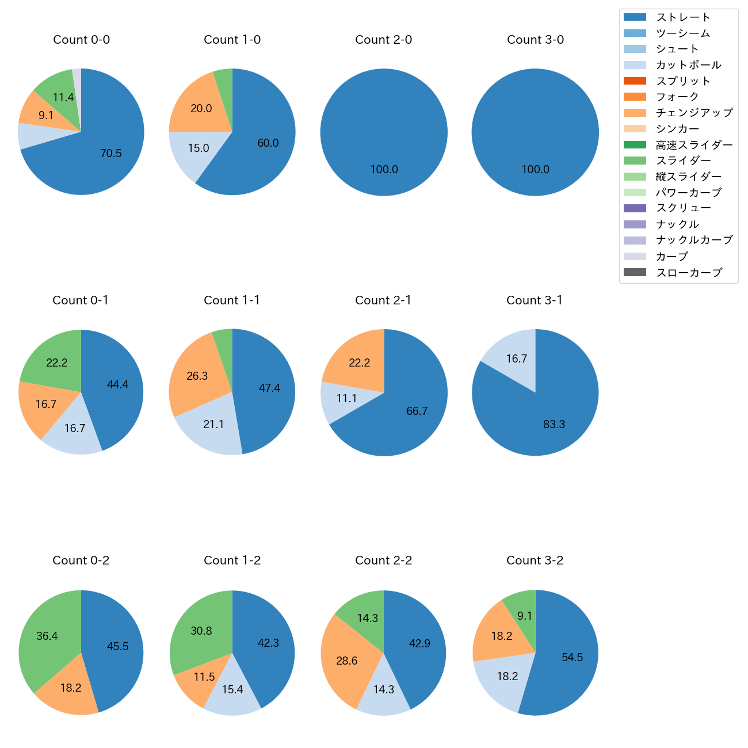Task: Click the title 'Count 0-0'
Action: click(81, 40)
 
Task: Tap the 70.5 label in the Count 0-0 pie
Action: click(111, 153)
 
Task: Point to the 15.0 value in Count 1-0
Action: click(199, 148)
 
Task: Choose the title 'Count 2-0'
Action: click(384, 40)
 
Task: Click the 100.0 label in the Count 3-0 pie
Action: click(535, 169)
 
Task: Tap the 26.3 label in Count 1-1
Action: click(197, 376)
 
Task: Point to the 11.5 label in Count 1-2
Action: click(204, 677)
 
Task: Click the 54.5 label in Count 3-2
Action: click(573, 657)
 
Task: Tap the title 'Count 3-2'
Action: click(535, 560)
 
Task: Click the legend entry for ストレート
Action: click(683, 17)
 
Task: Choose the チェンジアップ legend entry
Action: click(694, 113)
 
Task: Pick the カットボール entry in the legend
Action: click(688, 65)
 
